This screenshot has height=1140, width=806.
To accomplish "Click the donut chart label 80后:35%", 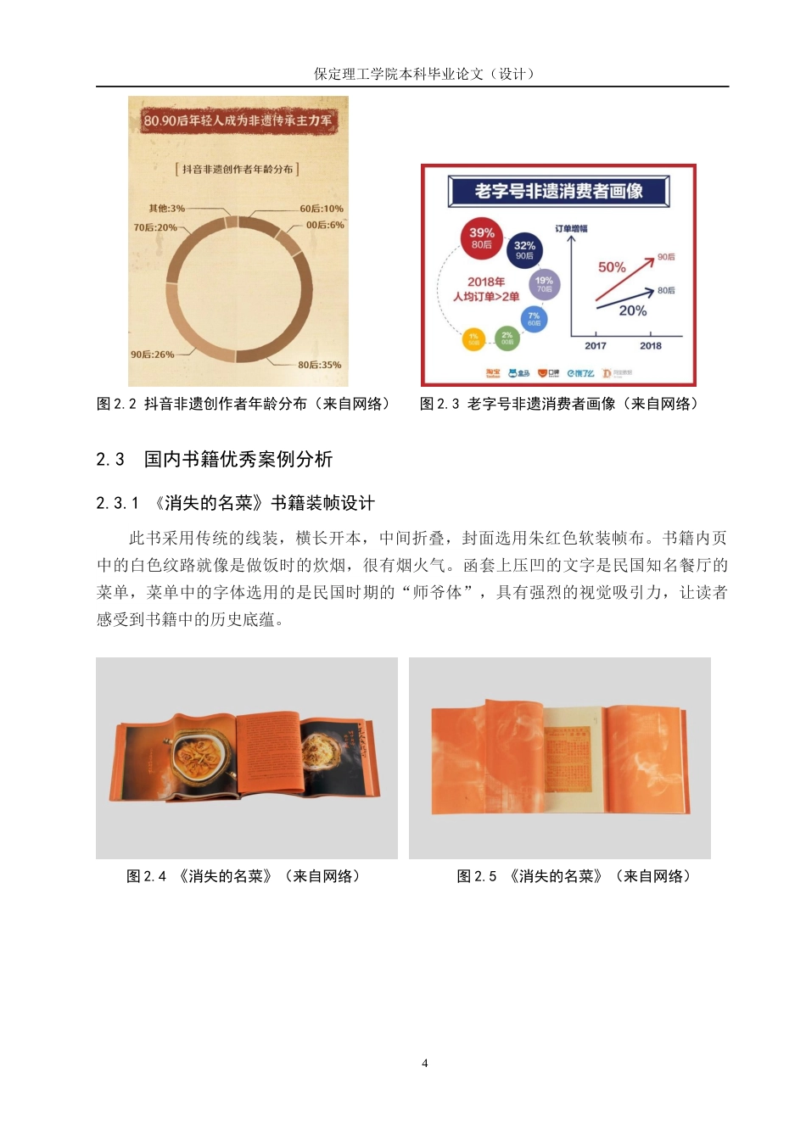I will click(319, 365).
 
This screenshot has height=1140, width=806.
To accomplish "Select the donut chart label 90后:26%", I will click(152, 355).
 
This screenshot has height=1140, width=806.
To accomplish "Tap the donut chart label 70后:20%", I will click(155, 227).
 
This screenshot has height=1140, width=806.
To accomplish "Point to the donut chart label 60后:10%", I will click(322, 209).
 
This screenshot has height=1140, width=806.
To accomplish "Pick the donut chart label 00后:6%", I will click(325, 225).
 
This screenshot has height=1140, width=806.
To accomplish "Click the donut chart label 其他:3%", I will click(166, 209).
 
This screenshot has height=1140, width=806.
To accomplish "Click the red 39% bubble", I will click(482, 237).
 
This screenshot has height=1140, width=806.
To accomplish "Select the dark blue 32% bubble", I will click(524, 250).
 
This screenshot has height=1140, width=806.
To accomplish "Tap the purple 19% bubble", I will click(544, 284).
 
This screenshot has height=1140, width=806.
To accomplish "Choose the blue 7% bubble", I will click(534, 319).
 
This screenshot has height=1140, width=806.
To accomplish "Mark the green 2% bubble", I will click(507, 338).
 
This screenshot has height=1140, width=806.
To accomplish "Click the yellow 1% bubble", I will click(473, 339).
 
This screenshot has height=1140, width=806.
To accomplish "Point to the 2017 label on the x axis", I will click(596, 345).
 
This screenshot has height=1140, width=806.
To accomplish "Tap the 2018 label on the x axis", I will click(651, 345).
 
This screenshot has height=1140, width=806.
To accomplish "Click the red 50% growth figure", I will click(612, 267).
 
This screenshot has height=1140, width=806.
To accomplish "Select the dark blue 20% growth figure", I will click(633, 310).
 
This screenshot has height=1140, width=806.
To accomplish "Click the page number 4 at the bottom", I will click(425, 1063).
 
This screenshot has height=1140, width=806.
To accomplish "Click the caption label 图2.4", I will click(146, 876).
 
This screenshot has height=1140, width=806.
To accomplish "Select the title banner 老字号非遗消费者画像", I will click(558, 191).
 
